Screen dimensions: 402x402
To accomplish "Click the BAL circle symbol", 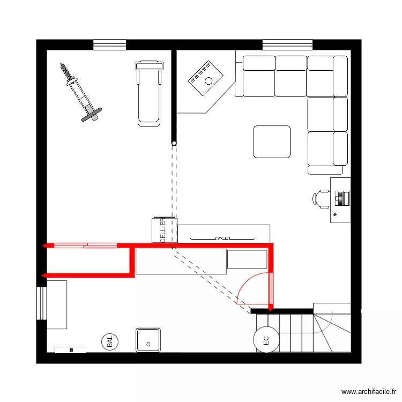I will [x=110, y=341].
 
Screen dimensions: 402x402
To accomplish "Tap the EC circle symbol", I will [x=265, y=339].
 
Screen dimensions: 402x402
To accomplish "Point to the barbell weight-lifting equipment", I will [x=79, y=92].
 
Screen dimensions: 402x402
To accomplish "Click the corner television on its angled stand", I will [x=205, y=78].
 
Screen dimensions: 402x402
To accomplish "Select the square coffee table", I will [x=272, y=142].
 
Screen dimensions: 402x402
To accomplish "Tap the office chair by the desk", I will [x=321, y=198].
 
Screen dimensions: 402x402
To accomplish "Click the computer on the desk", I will [x=342, y=198].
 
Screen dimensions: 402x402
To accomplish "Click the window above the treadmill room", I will [x=109, y=45].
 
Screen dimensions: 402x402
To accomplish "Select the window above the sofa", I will [x=287, y=45].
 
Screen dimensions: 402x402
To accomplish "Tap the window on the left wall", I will [x=41, y=303].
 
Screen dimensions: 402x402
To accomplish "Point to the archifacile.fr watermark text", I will [x=369, y=392].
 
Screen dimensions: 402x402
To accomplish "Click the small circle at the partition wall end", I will [x=174, y=143].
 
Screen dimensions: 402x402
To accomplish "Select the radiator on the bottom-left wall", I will [x=70, y=350].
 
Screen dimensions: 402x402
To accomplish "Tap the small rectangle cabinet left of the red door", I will [x=247, y=259].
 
